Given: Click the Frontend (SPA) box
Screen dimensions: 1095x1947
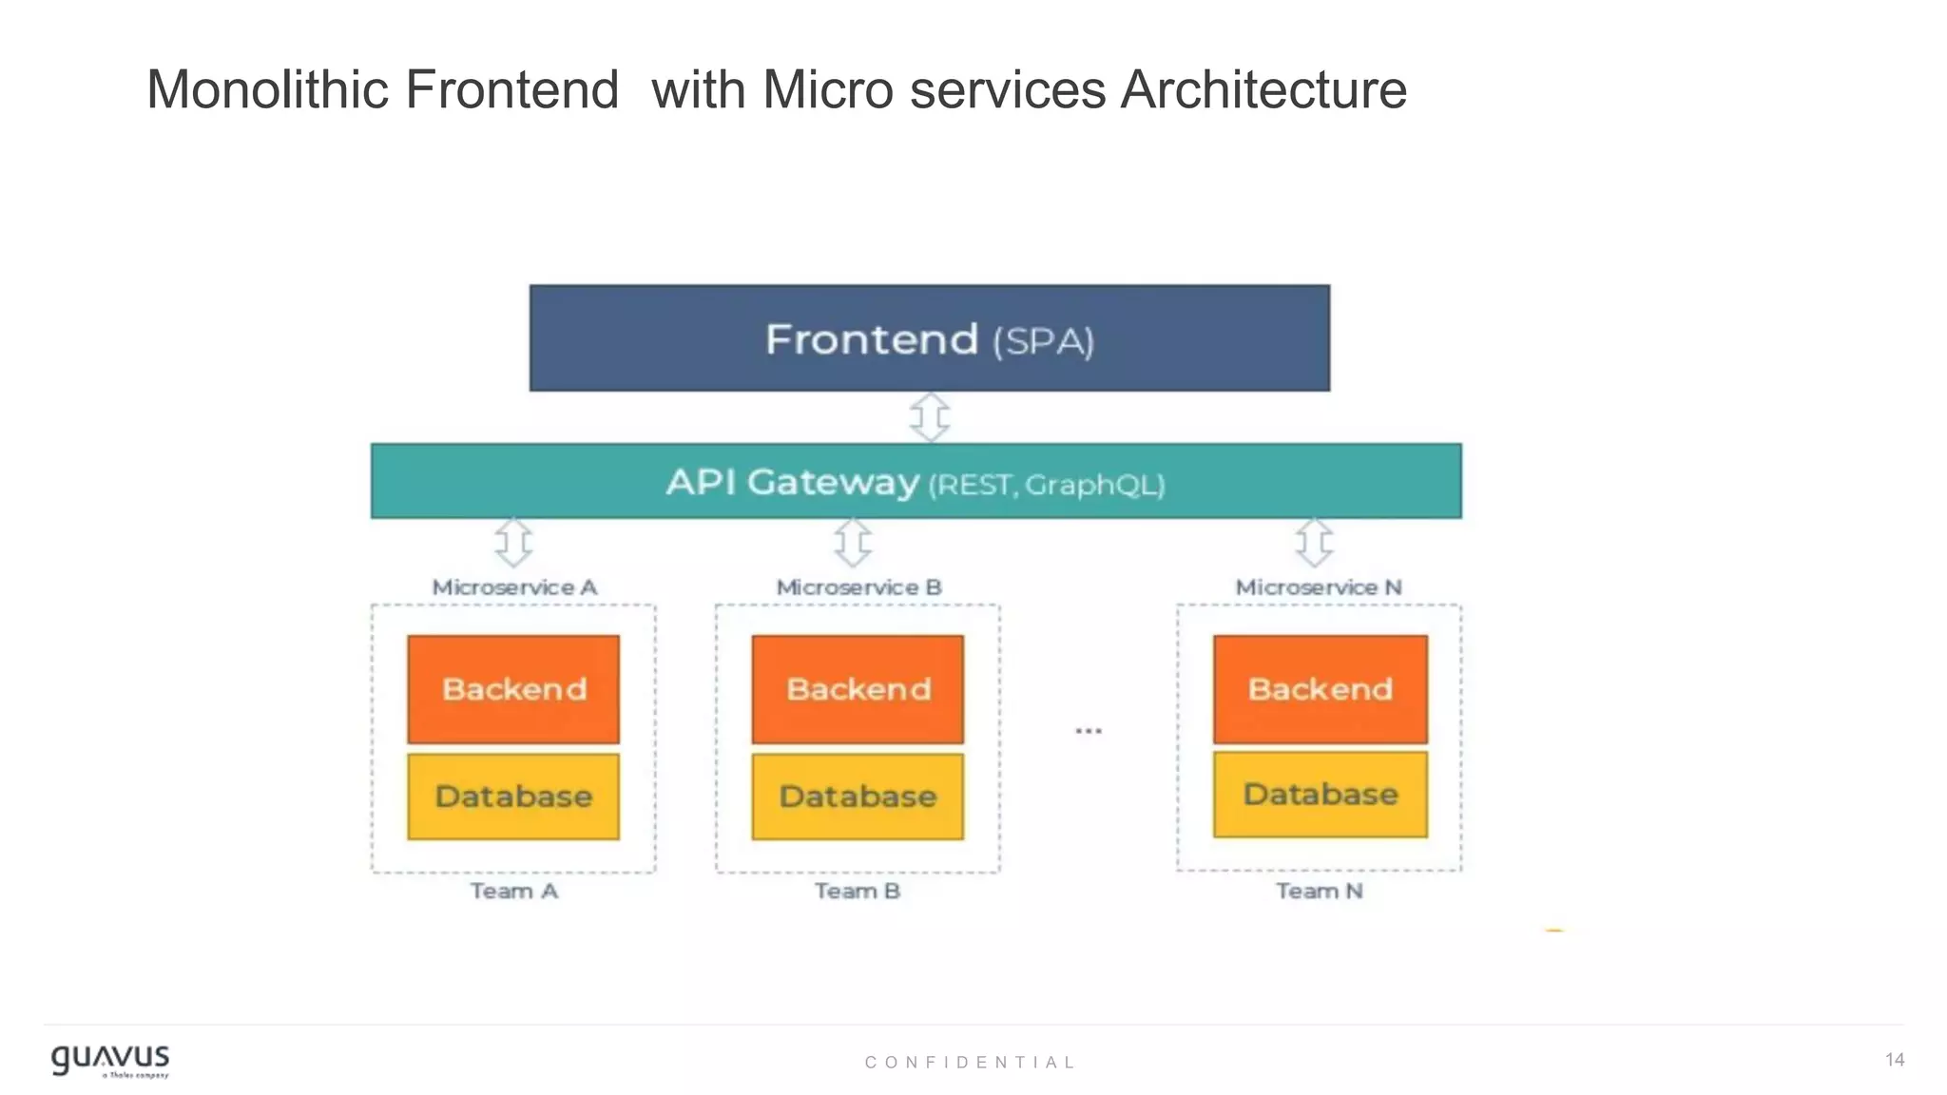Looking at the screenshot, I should coord(929,338).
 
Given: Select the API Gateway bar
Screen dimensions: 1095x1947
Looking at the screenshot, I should coord(916,481).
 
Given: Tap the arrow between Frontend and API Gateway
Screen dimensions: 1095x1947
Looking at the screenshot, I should coord(930,417).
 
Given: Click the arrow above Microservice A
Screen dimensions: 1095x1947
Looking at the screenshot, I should coord(513,543).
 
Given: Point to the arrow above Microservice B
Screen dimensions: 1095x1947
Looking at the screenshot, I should coord(853,543).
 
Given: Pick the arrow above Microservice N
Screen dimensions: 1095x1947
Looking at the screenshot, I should coord(1315,543).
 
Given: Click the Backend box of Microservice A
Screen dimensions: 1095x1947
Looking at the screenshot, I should coord(513,689).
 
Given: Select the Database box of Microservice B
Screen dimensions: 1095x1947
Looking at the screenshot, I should coord(858,797).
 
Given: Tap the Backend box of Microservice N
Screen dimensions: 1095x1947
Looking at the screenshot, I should coord(1320,689).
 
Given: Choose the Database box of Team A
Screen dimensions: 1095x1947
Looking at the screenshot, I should coord(513,797).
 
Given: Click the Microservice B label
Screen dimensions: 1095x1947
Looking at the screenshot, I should coord(858,587).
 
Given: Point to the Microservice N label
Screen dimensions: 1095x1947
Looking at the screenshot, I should coord(1319,587).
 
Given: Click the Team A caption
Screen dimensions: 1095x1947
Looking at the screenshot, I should coord(513,892).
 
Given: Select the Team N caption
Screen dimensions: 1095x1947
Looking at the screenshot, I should coord(1319,892).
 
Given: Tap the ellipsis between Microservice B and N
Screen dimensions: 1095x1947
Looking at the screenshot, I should coord(1089,731).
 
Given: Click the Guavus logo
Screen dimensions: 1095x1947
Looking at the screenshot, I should coord(110,1060).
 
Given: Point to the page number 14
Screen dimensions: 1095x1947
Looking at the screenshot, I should coord(1894,1060).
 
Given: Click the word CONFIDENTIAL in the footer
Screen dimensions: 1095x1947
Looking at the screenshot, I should coord(970,1063).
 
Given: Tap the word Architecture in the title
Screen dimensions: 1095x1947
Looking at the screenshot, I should coord(1263,90).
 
